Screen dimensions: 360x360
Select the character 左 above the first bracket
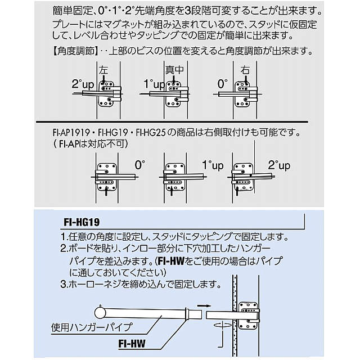tap(103, 71)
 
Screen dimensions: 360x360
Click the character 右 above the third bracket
tap(244, 71)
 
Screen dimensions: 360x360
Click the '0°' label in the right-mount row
tap(139, 165)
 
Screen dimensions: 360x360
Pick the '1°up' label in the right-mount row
tap(213, 165)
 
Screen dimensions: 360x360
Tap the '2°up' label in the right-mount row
tap(279, 165)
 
